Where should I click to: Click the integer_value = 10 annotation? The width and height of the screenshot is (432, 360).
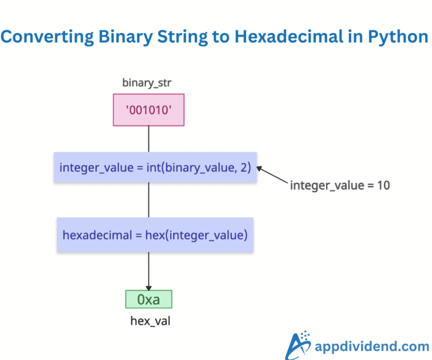tap(340, 185)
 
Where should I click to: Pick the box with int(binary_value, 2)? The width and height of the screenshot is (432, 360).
tap(155, 167)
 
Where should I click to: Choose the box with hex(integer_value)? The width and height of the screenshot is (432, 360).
tap(155, 235)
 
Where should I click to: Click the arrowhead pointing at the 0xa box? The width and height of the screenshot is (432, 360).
tap(148, 287)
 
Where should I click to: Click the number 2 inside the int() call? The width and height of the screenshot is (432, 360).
tap(245, 167)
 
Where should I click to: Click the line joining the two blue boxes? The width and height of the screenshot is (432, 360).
tap(148, 200)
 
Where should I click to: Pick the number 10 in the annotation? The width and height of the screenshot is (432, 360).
tap(383, 185)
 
